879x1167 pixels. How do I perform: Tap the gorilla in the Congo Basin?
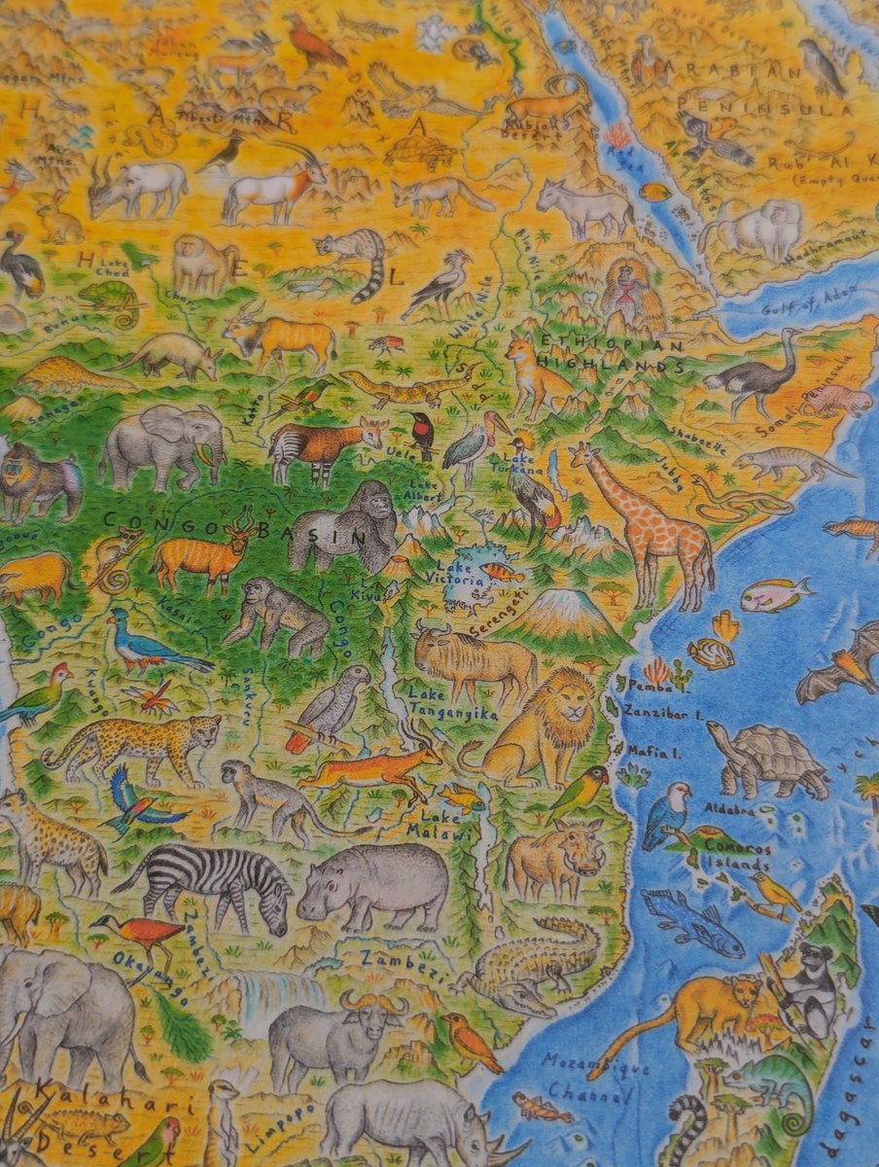click(x=345, y=530)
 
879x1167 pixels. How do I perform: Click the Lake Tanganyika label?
click(x=452, y=704)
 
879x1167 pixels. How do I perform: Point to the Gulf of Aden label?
click(x=792, y=299)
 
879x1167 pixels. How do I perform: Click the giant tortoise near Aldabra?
click(x=768, y=759)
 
